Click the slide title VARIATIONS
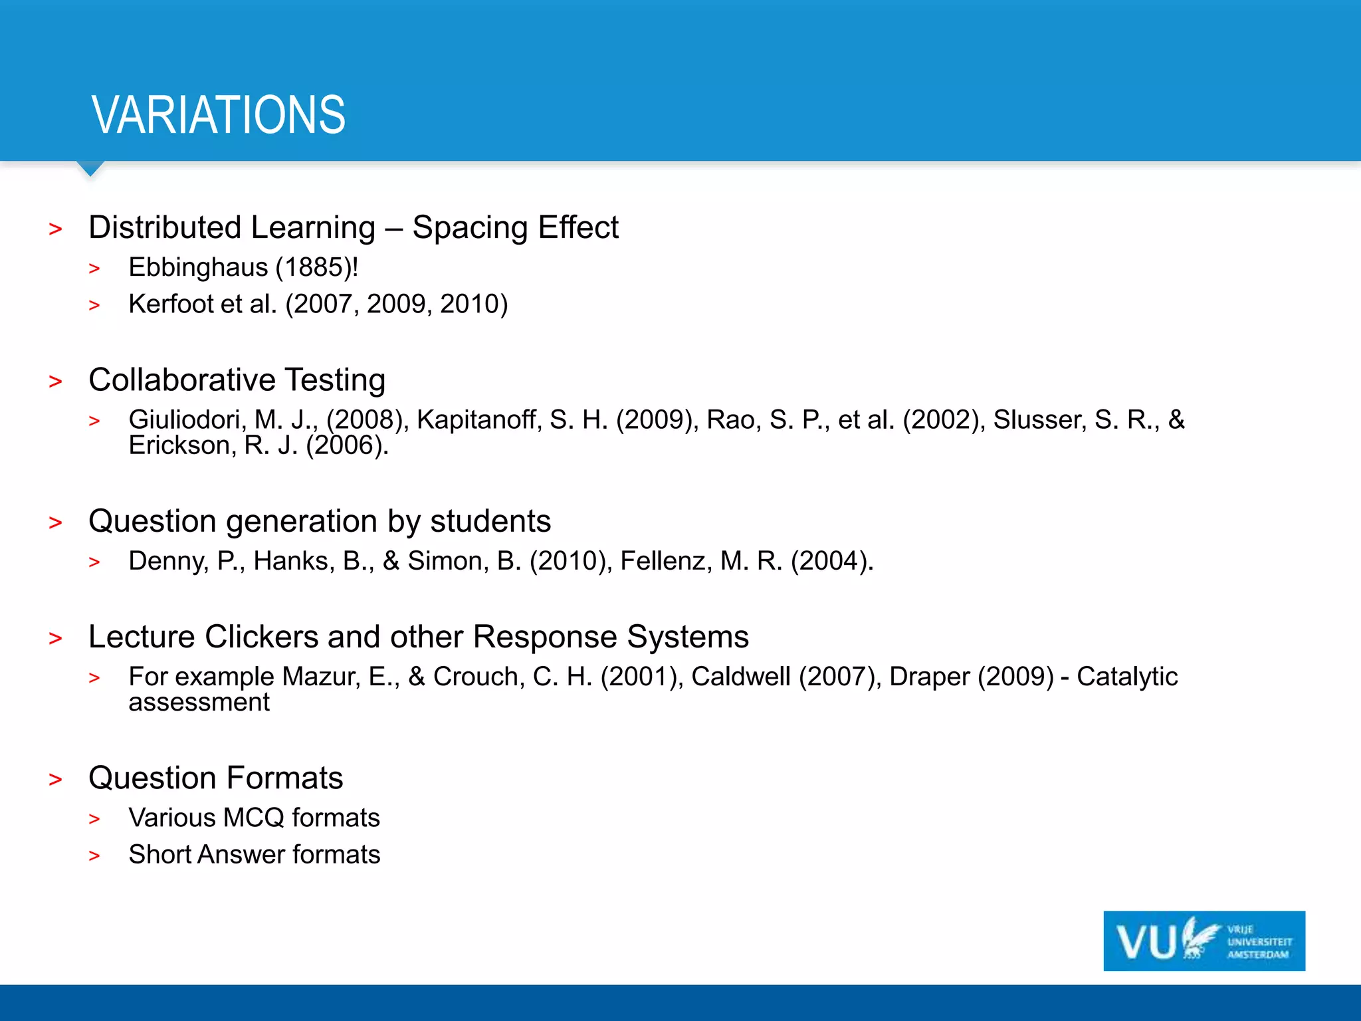click(219, 115)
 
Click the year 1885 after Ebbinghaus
click(314, 267)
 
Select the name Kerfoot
click(171, 304)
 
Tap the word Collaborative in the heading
click(181, 380)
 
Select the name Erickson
click(179, 445)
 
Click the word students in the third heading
click(490, 521)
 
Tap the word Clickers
click(262, 637)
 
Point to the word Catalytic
click(1126, 677)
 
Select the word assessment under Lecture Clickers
click(199, 703)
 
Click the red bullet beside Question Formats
click(55, 779)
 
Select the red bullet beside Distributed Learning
click(55, 229)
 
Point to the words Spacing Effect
click(515, 228)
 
